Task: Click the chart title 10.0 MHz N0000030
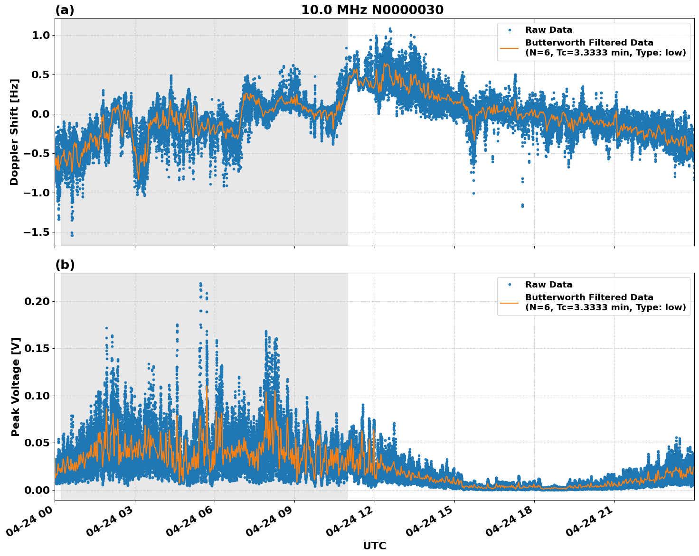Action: [x=372, y=10]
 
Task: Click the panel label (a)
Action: [x=65, y=10]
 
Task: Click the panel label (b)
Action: [x=65, y=265]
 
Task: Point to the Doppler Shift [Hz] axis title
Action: [x=14, y=132]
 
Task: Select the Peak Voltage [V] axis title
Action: [x=16, y=387]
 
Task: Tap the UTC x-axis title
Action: [x=374, y=546]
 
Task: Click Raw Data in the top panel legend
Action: [x=548, y=30]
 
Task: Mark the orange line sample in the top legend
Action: [x=509, y=47]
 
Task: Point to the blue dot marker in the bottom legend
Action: [x=510, y=285]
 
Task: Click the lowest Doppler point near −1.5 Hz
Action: [x=72, y=235]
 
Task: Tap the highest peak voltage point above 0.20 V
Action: [x=200, y=284]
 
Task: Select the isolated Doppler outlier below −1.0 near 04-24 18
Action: [x=522, y=205]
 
